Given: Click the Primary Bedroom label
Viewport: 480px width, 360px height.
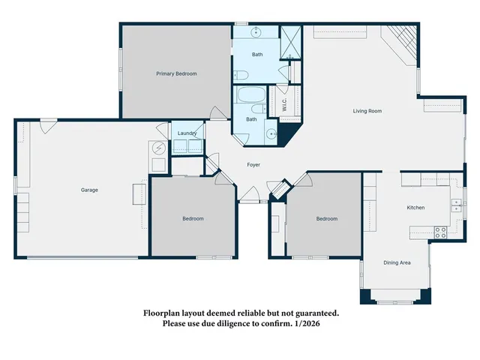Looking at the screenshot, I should [x=176, y=73].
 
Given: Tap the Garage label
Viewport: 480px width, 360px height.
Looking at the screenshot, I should [x=89, y=190].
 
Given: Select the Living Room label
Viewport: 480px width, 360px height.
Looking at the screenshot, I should [x=367, y=111].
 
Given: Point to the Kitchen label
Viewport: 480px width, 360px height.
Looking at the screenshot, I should [x=415, y=207].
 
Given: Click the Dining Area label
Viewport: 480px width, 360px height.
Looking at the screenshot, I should [x=397, y=262].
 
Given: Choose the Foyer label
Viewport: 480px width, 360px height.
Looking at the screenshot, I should [x=254, y=164].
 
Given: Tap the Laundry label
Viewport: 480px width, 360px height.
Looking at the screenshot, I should [x=187, y=133].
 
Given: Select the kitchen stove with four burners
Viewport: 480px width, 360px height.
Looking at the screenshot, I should [x=440, y=232].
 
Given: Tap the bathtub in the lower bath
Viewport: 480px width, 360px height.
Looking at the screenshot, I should [x=249, y=97].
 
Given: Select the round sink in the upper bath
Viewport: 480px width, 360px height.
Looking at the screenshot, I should [x=256, y=31].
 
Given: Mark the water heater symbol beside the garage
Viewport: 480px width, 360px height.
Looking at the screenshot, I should [x=159, y=148].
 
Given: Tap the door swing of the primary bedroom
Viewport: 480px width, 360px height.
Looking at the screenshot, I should [x=218, y=113].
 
